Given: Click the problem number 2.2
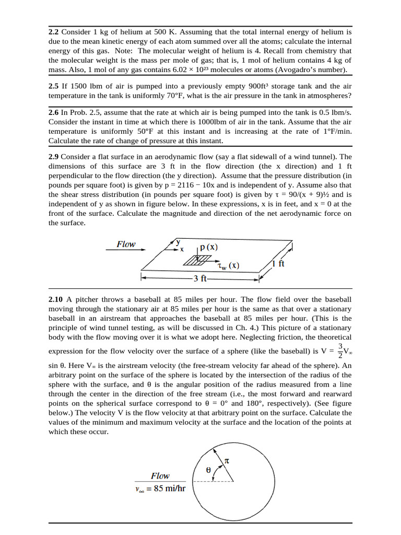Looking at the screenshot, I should [54, 32].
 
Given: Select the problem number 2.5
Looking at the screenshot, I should [54, 86].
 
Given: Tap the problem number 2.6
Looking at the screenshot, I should [54, 113].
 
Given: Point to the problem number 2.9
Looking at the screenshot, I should [54, 157].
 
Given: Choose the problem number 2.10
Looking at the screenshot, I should [56, 299].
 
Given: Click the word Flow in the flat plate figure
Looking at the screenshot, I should [126, 244].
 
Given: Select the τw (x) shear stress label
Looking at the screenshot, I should [228, 265].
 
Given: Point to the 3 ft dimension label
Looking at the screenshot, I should [199, 278].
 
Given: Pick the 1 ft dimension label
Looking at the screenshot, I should [278, 264].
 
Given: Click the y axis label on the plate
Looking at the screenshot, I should [178, 241].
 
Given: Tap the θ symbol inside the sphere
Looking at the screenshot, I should [208, 470].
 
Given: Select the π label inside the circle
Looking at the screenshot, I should [227, 461].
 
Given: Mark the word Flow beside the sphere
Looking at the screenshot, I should [160, 475].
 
